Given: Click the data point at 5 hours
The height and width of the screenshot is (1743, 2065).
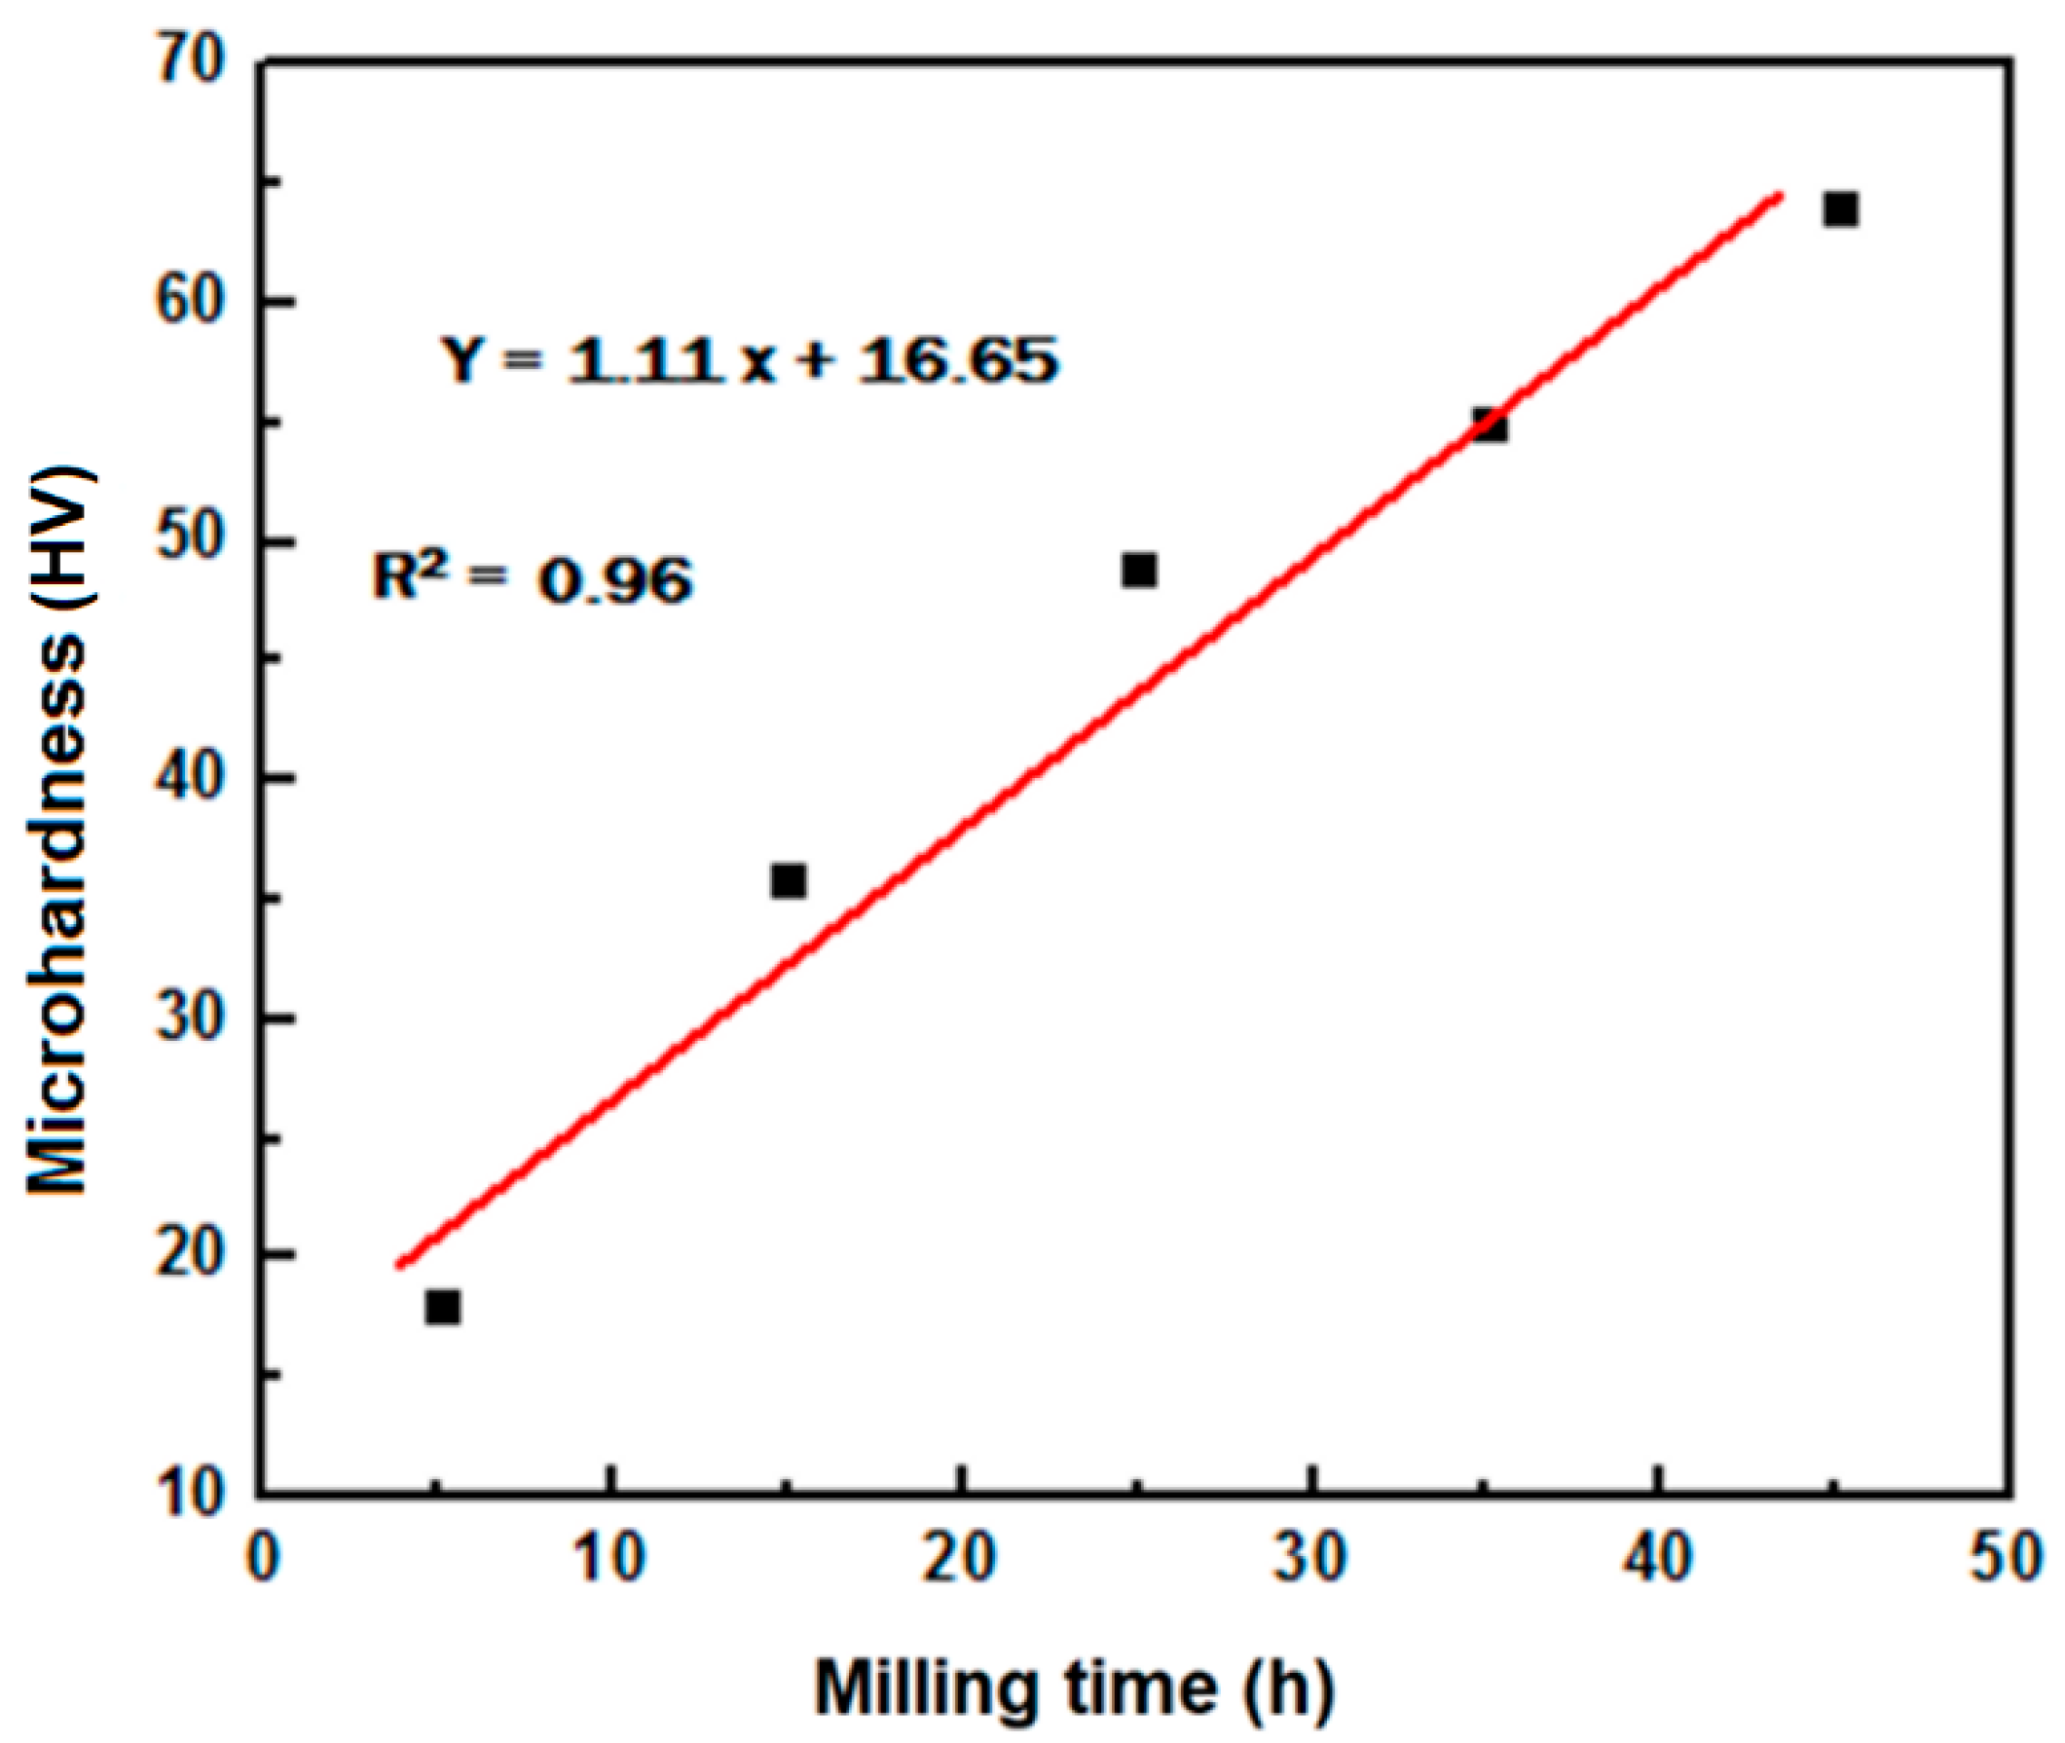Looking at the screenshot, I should click(443, 1307).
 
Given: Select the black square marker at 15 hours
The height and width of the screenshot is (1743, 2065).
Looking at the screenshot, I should click(789, 880).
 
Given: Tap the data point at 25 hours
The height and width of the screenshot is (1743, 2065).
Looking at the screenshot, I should click(1139, 571).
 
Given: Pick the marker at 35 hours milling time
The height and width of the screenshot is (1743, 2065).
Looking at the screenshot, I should click(1490, 426).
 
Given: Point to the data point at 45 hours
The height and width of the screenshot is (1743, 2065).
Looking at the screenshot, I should click(1841, 209).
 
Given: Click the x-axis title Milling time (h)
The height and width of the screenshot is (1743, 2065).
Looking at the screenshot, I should click(1074, 1688).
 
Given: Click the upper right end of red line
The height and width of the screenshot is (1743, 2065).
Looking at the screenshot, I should click(1780, 195).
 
